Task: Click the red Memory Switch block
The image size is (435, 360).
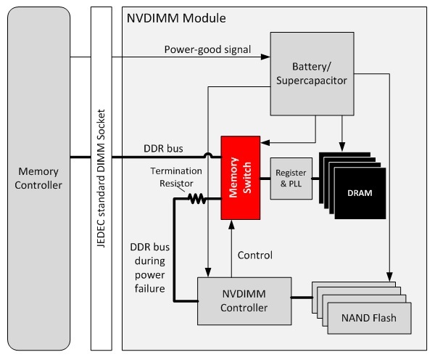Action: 242,177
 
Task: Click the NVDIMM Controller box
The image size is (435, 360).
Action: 232,300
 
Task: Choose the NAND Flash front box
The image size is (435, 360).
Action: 369,316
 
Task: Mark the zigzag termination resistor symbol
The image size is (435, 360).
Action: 197,197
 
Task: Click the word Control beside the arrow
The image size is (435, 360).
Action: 255,255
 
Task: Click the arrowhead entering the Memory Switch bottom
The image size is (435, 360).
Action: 231,226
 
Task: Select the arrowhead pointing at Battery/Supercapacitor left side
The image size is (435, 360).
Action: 267,57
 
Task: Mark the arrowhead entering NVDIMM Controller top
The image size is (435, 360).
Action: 207,274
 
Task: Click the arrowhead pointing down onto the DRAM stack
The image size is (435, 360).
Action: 344,148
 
